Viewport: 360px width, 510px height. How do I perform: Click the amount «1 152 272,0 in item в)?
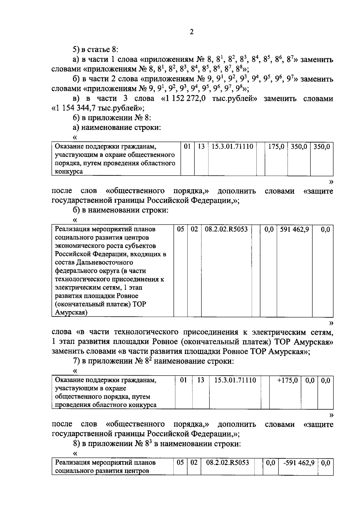point(183,99)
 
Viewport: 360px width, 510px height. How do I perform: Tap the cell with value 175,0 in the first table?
point(276,147)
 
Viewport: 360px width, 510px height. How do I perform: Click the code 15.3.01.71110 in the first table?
point(232,147)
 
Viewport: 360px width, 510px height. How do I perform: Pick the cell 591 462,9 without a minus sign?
point(294,229)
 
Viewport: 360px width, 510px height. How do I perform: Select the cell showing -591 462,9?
point(299,463)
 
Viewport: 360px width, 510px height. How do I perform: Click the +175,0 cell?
point(287,380)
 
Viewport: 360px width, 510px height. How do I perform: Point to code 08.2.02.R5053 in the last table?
point(228,463)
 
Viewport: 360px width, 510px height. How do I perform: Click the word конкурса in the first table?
point(69,172)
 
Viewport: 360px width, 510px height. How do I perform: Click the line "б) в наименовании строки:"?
point(121,210)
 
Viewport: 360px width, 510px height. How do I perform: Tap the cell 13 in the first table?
point(201,147)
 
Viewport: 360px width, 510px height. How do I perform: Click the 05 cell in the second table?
point(180,229)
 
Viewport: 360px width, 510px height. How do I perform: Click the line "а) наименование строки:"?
point(117,127)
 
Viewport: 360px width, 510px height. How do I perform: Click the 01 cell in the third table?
point(183,380)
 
